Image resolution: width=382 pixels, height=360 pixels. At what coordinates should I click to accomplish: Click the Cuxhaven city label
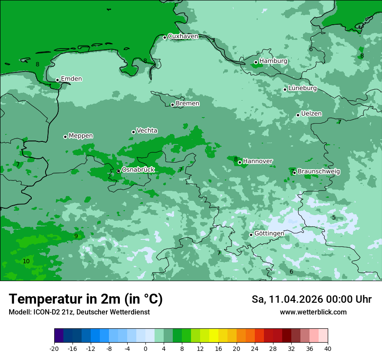[x=183, y=36]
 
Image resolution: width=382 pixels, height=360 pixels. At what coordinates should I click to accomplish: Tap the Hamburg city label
[x=273, y=61]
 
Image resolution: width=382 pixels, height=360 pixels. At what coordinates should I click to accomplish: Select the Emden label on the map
[x=71, y=79]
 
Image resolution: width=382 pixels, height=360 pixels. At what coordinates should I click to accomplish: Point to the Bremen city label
[x=188, y=104]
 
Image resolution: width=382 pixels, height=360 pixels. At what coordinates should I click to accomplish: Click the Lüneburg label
[x=302, y=88]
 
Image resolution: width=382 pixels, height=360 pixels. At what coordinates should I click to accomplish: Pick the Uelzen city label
[x=311, y=114]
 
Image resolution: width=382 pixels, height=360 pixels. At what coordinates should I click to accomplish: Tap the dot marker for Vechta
[x=133, y=132]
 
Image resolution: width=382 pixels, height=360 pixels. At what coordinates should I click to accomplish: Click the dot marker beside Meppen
[x=65, y=137]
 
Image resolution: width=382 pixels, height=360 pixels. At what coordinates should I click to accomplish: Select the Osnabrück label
[x=138, y=170]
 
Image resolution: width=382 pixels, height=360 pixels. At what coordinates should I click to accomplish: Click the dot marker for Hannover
[x=240, y=162]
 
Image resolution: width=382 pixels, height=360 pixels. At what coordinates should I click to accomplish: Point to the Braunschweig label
[x=319, y=172]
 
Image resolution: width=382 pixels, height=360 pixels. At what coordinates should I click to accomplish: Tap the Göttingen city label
[x=269, y=234]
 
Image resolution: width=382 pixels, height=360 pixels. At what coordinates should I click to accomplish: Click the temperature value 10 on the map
[x=26, y=261]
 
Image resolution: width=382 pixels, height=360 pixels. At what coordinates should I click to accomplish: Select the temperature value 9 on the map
[x=76, y=236]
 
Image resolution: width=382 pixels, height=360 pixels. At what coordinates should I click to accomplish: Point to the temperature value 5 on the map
[x=334, y=217]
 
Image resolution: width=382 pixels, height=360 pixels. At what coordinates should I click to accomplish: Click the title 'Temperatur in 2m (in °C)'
[x=86, y=299]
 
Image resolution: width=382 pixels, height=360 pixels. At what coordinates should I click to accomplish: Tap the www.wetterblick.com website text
[x=313, y=312]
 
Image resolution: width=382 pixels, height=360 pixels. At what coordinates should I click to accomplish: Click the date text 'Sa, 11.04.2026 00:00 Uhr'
[x=311, y=300]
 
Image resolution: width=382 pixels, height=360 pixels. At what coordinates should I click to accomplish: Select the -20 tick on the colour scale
[x=54, y=348]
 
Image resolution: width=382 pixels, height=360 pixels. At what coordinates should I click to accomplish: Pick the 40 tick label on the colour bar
[x=327, y=348]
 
